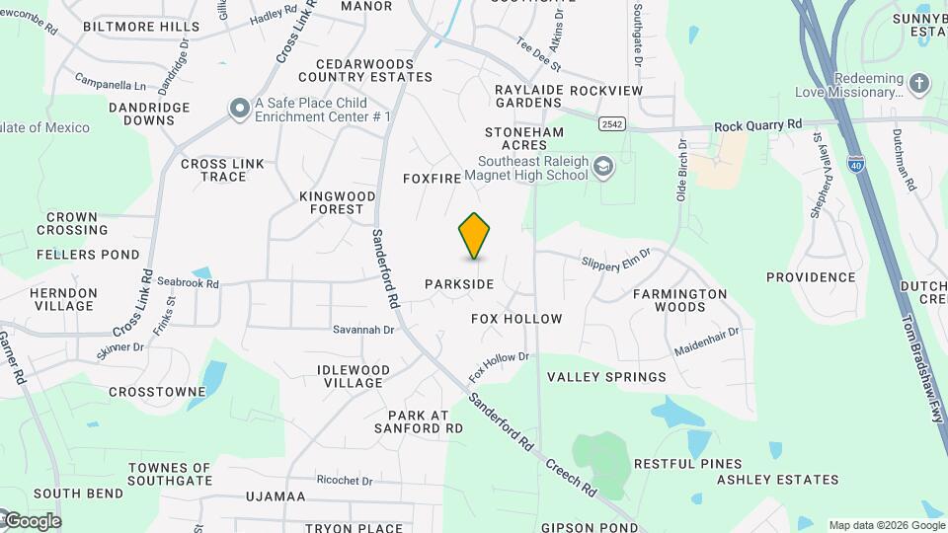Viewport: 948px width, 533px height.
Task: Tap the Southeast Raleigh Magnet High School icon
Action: point(602,169)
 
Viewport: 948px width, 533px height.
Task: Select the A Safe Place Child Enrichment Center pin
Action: point(239,110)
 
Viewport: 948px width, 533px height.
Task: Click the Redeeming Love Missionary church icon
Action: point(919,84)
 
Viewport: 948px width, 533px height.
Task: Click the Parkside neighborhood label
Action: point(459,284)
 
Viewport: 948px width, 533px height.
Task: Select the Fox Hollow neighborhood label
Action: point(516,319)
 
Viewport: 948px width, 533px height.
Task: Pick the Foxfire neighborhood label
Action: point(433,179)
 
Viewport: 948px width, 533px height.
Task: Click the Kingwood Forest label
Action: point(338,202)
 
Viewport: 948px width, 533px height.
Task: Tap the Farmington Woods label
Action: point(679,300)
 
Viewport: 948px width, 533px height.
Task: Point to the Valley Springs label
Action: point(606,377)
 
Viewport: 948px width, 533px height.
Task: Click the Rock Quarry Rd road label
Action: point(757,125)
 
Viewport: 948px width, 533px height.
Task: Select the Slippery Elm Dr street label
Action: point(616,259)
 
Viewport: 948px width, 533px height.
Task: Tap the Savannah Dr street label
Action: point(363,330)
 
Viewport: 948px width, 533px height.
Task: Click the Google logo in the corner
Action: point(32,521)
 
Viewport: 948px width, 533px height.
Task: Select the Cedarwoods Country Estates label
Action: point(365,70)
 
